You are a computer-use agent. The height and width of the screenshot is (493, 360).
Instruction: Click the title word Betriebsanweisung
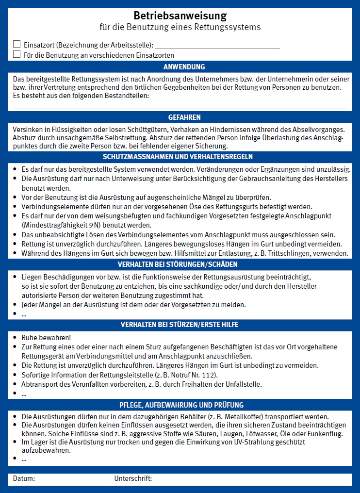pyautogui.click(x=180, y=16)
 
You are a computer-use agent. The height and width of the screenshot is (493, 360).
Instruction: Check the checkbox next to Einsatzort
pyautogui.click(x=17, y=44)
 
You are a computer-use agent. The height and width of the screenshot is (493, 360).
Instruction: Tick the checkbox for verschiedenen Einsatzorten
pyautogui.click(x=17, y=54)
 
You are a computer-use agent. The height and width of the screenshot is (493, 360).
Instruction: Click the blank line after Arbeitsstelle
pyautogui.click(x=217, y=46)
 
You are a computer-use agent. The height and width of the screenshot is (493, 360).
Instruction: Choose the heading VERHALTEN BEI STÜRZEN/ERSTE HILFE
pyautogui.click(x=180, y=325)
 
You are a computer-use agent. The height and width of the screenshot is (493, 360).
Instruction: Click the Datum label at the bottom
pyautogui.click(x=24, y=479)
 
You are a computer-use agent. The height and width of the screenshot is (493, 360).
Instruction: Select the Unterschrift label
pyautogui.click(x=133, y=479)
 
